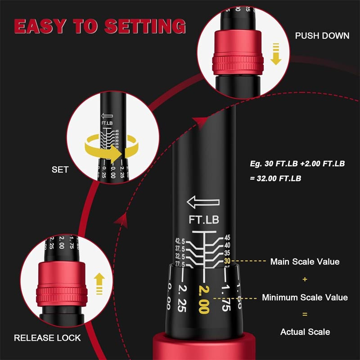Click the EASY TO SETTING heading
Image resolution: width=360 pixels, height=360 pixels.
tap(99, 26)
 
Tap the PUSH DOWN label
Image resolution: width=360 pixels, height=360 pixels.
tap(322, 36)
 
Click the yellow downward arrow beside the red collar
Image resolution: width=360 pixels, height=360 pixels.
tap(275, 56)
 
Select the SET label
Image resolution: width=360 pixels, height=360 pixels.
tap(59, 170)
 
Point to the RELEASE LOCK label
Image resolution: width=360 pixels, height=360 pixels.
tap(47, 337)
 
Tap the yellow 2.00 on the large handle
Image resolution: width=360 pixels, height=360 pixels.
tap(203, 299)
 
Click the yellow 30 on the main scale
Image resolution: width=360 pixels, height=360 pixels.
tap(227, 261)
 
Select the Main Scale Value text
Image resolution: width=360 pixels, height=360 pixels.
tap(305, 261)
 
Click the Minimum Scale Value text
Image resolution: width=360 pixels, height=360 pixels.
tap(305, 297)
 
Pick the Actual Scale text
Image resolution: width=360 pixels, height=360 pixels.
tap(305, 332)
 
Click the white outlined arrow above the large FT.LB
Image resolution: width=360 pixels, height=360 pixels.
tap(203, 202)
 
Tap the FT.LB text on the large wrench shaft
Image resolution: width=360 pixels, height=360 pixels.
tap(204, 220)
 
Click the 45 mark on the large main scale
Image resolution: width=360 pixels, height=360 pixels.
tap(227, 238)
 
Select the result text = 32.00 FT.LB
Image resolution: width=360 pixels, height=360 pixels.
tap(275, 178)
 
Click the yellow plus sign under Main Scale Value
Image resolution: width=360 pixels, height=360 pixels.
tap(305, 279)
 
